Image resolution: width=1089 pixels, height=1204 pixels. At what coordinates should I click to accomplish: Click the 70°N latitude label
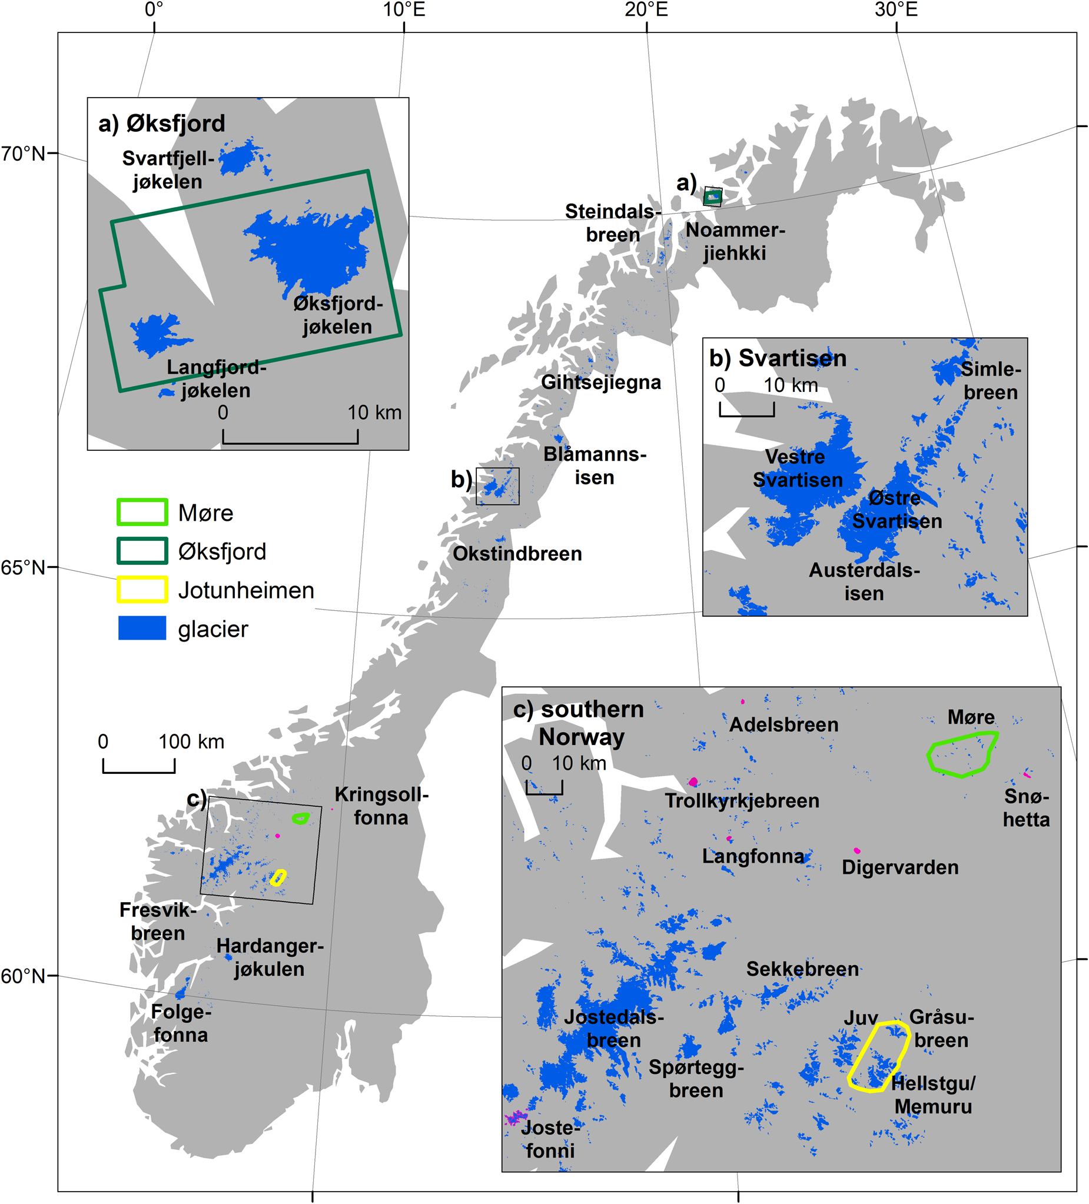pos(23,154)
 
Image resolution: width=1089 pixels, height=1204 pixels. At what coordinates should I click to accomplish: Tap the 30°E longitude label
pos(896,9)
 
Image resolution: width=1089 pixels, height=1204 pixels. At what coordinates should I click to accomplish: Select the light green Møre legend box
pos(142,513)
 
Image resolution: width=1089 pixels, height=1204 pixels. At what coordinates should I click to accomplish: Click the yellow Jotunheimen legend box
pos(142,590)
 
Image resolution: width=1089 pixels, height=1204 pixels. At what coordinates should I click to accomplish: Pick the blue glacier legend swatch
pos(142,628)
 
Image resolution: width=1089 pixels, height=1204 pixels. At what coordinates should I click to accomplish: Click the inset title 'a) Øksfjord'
pos(161,124)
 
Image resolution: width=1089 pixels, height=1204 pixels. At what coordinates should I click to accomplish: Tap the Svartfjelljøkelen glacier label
pos(168,170)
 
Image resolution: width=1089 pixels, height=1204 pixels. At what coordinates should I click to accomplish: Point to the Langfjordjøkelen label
pos(216,378)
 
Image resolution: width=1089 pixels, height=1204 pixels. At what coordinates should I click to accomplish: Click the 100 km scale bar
pos(138,766)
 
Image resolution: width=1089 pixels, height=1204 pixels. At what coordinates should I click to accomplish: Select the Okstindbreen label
pos(517,554)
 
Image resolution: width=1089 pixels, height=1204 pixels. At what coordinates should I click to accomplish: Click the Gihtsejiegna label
pos(601,383)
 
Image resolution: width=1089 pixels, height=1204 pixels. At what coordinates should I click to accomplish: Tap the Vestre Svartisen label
pos(797,468)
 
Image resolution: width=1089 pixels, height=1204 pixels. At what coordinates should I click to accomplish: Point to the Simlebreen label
pos(991,381)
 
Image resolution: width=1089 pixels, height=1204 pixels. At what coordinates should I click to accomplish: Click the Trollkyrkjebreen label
pos(742,801)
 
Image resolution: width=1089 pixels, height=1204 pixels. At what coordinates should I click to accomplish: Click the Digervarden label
pos(899,867)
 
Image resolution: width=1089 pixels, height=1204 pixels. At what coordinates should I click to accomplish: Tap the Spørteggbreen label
pos(696,1079)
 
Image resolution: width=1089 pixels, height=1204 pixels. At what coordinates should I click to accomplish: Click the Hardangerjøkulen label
pos(270,957)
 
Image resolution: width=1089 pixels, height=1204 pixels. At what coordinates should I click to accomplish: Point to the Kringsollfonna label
pos(381,806)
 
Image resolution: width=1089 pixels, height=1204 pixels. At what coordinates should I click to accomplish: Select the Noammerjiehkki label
pos(735,241)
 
